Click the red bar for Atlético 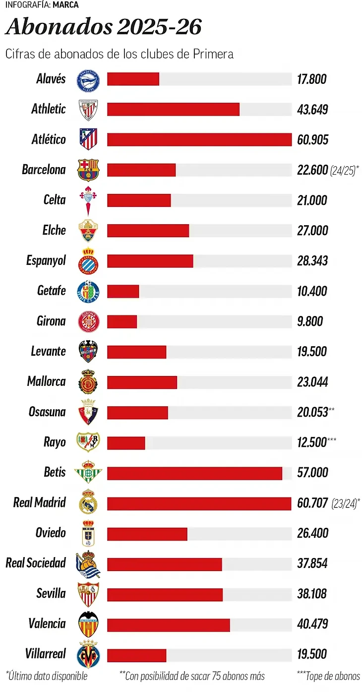pyautogui.click(x=199, y=139)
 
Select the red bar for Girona pyautogui.click(x=122, y=321)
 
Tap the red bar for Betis pyautogui.click(x=194, y=473)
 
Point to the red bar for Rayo pyautogui.click(x=126, y=442)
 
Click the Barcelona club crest pyautogui.click(x=88, y=170)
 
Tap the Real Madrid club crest pyautogui.click(x=88, y=502)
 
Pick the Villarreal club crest pyautogui.click(x=88, y=654)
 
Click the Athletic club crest pyautogui.click(x=88, y=110)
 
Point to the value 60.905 pyautogui.click(x=312, y=140)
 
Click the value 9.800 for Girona pyautogui.click(x=310, y=321)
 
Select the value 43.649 pyautogui.click(x=312, y=110)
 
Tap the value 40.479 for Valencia pyautogui.click(x=312, y=624)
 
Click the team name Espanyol pyautogui.click(x=46, y=261)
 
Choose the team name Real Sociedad pyautogui.click(x=36, y=563)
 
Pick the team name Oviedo pyautogui.click(x=51, y=533)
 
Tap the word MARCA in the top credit pyautogui.click(x=65, y=5)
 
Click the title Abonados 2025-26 pyautogui.click(x=104, y=27)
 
